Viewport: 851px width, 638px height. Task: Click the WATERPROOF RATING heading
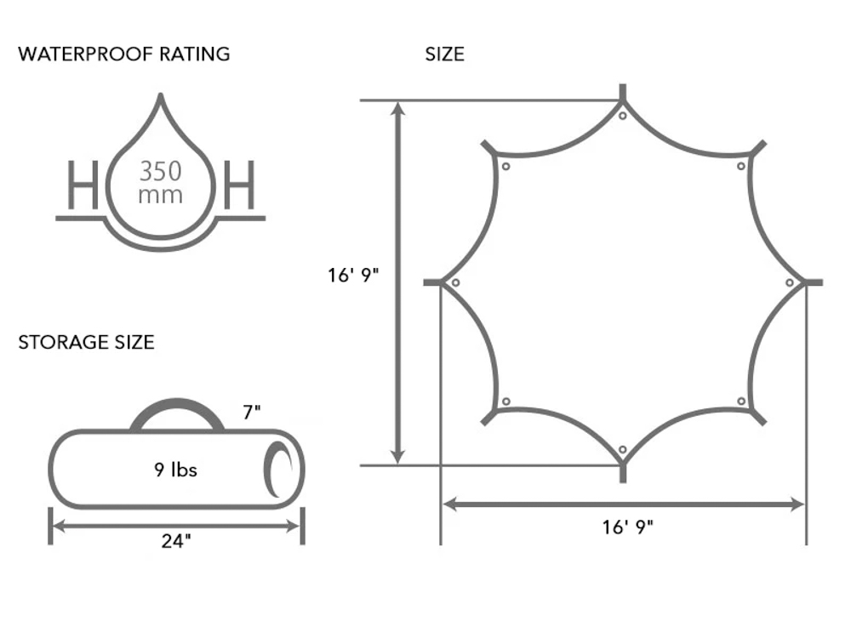[123, 54]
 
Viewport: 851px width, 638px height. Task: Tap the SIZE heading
[444, 54]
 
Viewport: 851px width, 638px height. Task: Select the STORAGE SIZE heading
[86, 342]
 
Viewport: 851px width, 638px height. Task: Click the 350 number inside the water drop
[160, 172]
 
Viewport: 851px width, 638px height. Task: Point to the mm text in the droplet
[160, 196]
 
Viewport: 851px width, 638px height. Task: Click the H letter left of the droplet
[83, 185]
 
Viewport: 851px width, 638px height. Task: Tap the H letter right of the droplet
[239, 185]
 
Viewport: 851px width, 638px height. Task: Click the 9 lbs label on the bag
[175, 470]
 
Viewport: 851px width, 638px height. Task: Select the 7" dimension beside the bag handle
[252, 413]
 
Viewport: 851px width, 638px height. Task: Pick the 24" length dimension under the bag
[176, 541]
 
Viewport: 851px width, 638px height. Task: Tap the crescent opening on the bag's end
[277, 470]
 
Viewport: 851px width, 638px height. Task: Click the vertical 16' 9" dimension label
[353, 276]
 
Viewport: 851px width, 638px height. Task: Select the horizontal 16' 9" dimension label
[627, 527]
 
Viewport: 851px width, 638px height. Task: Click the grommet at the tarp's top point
[623, 116]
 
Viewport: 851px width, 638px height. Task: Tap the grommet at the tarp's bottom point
[623, 450]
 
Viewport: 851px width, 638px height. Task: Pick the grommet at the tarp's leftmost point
[455, 282]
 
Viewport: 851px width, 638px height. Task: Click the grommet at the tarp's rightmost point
[790, 282]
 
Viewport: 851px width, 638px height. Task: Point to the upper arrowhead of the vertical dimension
[399, 109]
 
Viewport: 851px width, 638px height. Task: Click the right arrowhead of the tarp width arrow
[797, 504]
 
